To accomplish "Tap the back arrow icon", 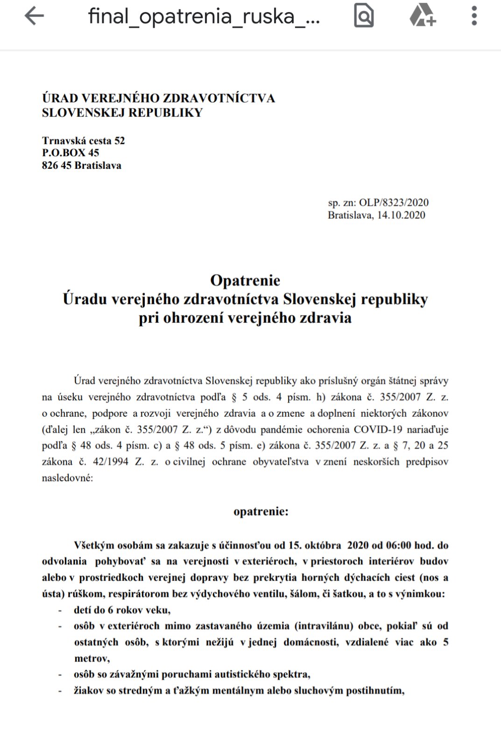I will [x=34, y=16].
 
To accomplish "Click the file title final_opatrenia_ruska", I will [x=204, y=16].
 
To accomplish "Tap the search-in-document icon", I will [x=364, y=16].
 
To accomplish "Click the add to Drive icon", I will [x=423, y=16].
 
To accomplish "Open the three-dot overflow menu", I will [x=474, y=16].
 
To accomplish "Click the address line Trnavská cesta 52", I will [x=83, y=141].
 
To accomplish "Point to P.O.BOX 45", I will [x=71, y=153].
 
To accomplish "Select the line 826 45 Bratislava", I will [x=81, y=165].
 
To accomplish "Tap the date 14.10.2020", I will [x=401, y=215].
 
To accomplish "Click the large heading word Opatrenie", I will [x=245, y=280].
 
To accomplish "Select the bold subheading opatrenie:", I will [x=261, y=511].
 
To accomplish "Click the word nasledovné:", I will [x=67, y=478].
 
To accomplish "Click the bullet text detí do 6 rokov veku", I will [x=122, y=610].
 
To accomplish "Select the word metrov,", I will [x=92, y=659].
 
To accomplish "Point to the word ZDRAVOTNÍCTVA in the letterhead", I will [x=218, y=99].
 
